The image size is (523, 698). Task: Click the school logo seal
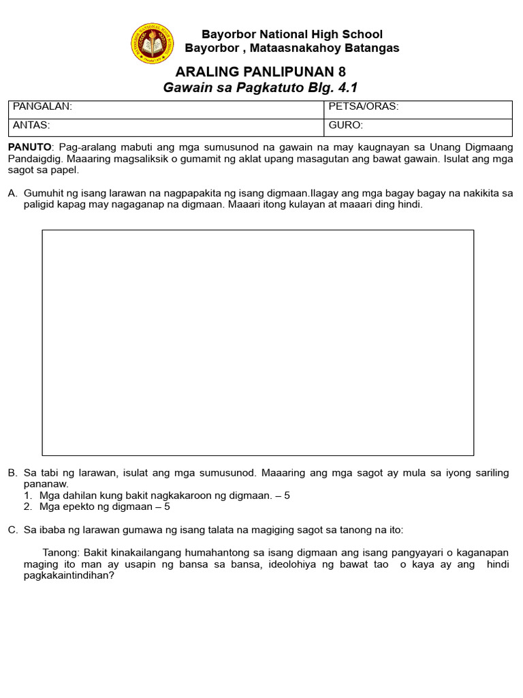click(x=152, y=43)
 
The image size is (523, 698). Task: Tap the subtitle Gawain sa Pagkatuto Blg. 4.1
click(x=260, y=87)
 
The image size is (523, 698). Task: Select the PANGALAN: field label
click(x=42, y=106)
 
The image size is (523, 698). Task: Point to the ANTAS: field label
click(x=31, y=125)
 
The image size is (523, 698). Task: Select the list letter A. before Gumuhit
click(x=12, y=194)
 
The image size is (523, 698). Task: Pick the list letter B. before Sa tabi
click(x=12, y=473)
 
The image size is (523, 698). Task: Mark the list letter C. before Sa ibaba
click(x=12, y=530)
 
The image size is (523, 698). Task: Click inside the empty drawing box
click(x=257, y=342)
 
